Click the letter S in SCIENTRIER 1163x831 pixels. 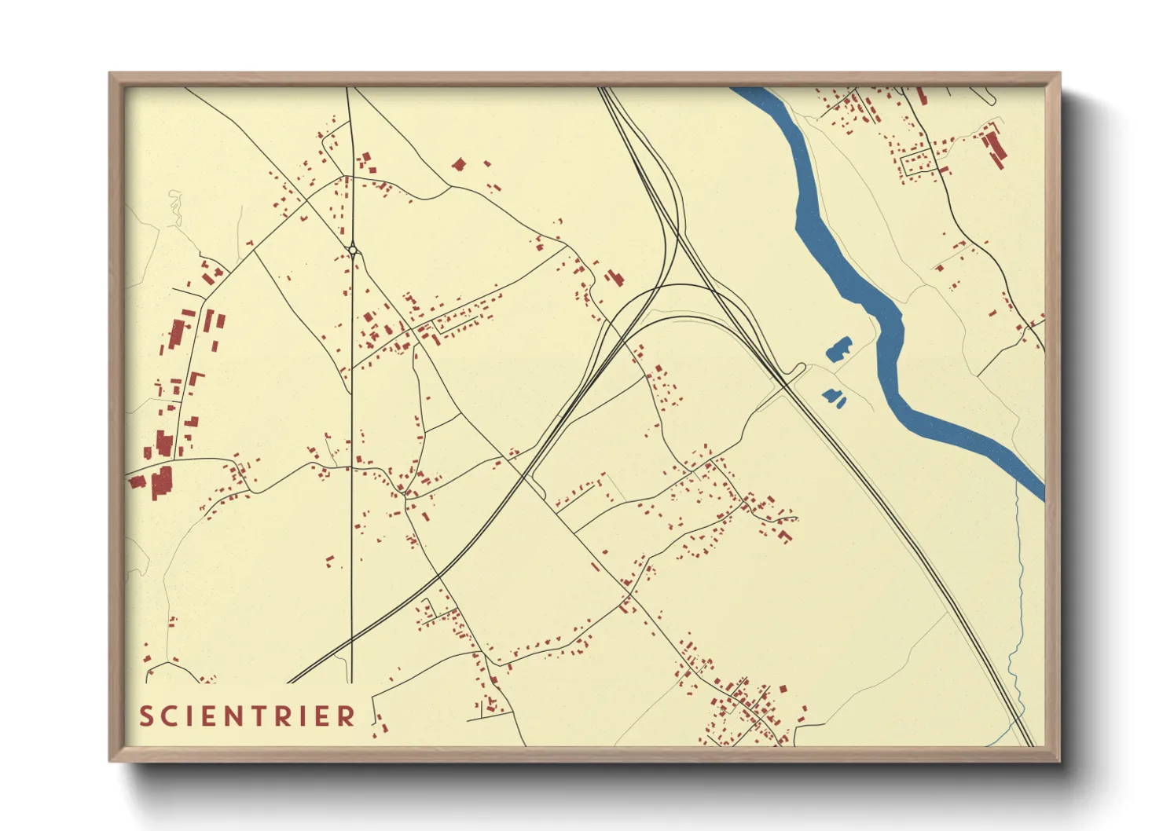pos(146,716)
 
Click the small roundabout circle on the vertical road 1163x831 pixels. pos(354,251)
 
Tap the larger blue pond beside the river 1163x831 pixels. pos(839,349)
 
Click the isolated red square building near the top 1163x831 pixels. pos(459,164)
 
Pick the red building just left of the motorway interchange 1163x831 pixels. pos(615,277)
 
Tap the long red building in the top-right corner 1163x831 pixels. pos(993,148)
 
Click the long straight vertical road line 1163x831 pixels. pos(351,471)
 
